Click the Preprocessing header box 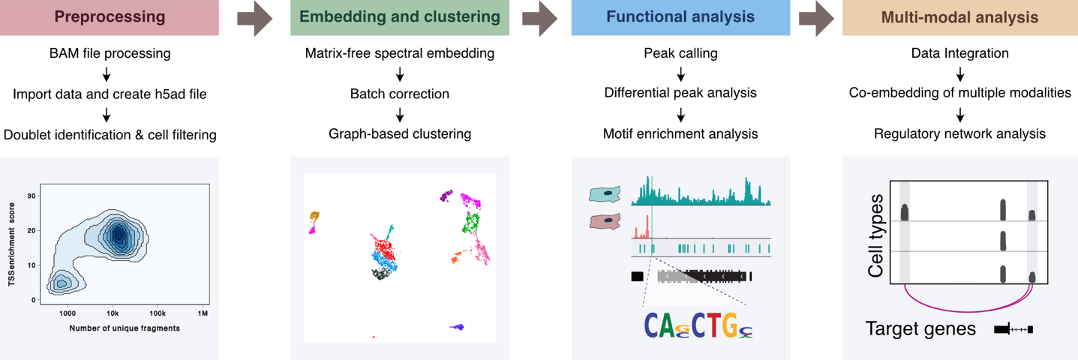click(x=110, y=18)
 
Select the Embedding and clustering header click(x=400, y=18)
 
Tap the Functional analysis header click(x=680, y=18)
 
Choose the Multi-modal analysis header click(x=959, y=18)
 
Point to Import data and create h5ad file click(x=110, y=94)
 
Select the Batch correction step click(x=400, y=94)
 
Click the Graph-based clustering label click(x=400, y=134)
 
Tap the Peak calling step click(x=680, y=54)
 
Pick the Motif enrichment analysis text click(x=680, y=134)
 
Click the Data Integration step click(x=959, y=54)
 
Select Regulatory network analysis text click(x=959, y=134)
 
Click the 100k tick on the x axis click(x=158, y=312)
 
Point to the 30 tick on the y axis click(x=32, y=196)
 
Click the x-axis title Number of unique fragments click(x=125, y=328)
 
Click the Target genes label click(x=920, y=328)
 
